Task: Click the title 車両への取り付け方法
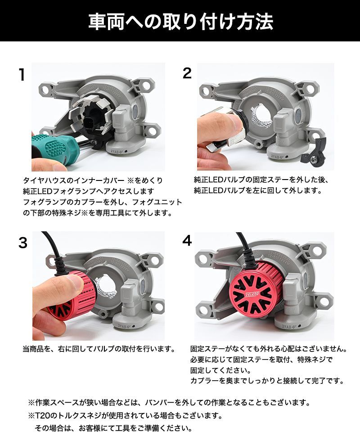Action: click(181, 22)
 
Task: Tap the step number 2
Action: click(187, 73)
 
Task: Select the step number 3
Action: click(23, 243)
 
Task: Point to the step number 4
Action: click(187, 241)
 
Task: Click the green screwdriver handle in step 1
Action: click(53, 149)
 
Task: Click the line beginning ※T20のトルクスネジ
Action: click(125, 415)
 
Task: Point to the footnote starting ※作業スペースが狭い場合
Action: click(169, 402)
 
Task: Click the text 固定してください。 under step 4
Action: click(220, 370)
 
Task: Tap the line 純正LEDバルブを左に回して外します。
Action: click(258, 190)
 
